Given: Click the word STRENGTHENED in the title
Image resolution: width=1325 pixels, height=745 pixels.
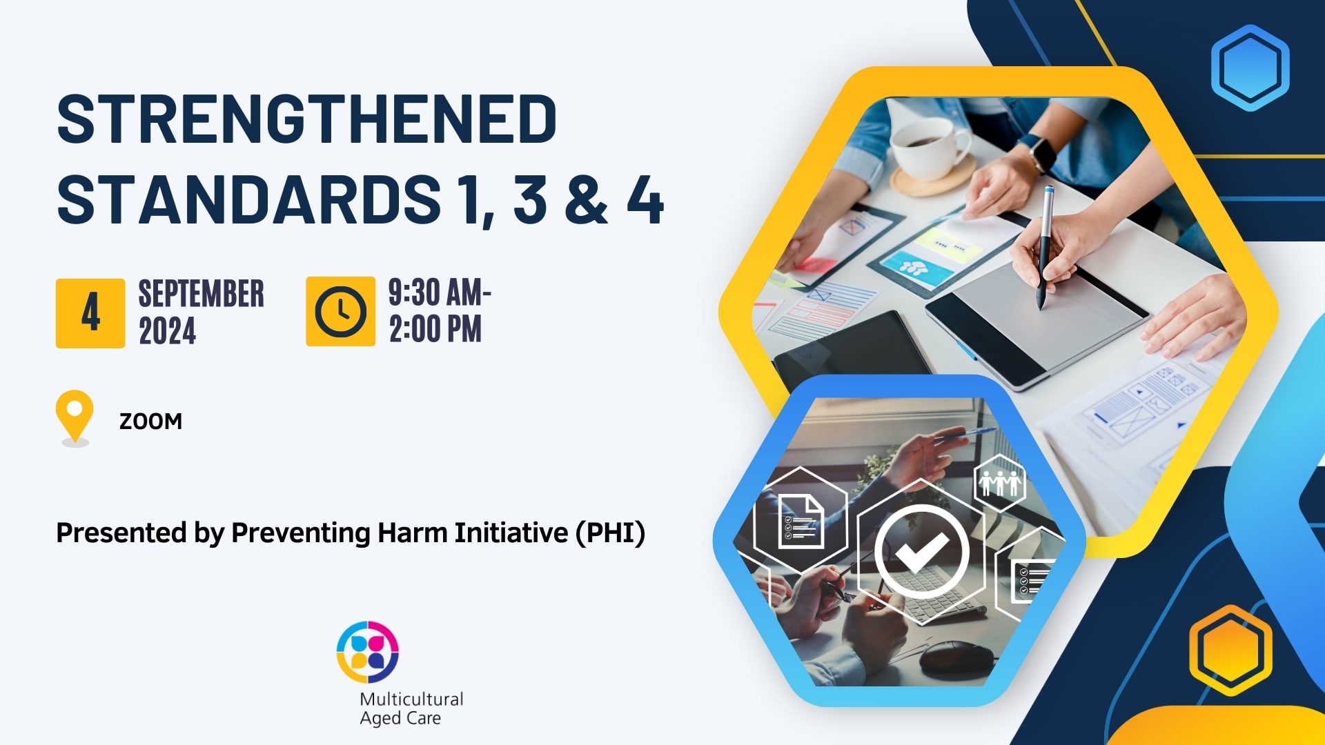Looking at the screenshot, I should click(306, 119).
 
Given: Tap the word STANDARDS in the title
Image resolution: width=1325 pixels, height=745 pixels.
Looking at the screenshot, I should click(248, 200).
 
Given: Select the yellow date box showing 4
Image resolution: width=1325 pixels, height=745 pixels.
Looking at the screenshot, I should click(90, 313).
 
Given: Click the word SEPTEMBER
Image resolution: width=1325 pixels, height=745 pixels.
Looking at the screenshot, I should click(201, 294).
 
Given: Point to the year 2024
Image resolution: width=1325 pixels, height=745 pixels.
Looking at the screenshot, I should click(168, 331).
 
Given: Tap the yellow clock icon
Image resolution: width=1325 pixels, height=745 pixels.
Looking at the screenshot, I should click(340, 311).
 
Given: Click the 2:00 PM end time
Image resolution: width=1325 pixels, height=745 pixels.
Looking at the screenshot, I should click(435, 329).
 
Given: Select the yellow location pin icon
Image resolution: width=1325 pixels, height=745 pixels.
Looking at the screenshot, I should click(75, 414).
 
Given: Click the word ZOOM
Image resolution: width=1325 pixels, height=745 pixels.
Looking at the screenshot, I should click(150, 421).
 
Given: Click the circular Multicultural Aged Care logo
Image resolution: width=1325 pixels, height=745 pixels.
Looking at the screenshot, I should click(368, 652).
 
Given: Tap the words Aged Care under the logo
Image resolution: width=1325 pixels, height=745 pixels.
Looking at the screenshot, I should click(400, 718).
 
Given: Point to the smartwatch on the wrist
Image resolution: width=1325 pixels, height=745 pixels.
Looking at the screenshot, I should click(1037, 152).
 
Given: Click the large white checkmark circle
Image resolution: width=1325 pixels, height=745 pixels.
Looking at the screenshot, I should click(921, 551).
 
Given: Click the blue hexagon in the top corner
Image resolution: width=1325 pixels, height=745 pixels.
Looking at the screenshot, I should click(1250, 68).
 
